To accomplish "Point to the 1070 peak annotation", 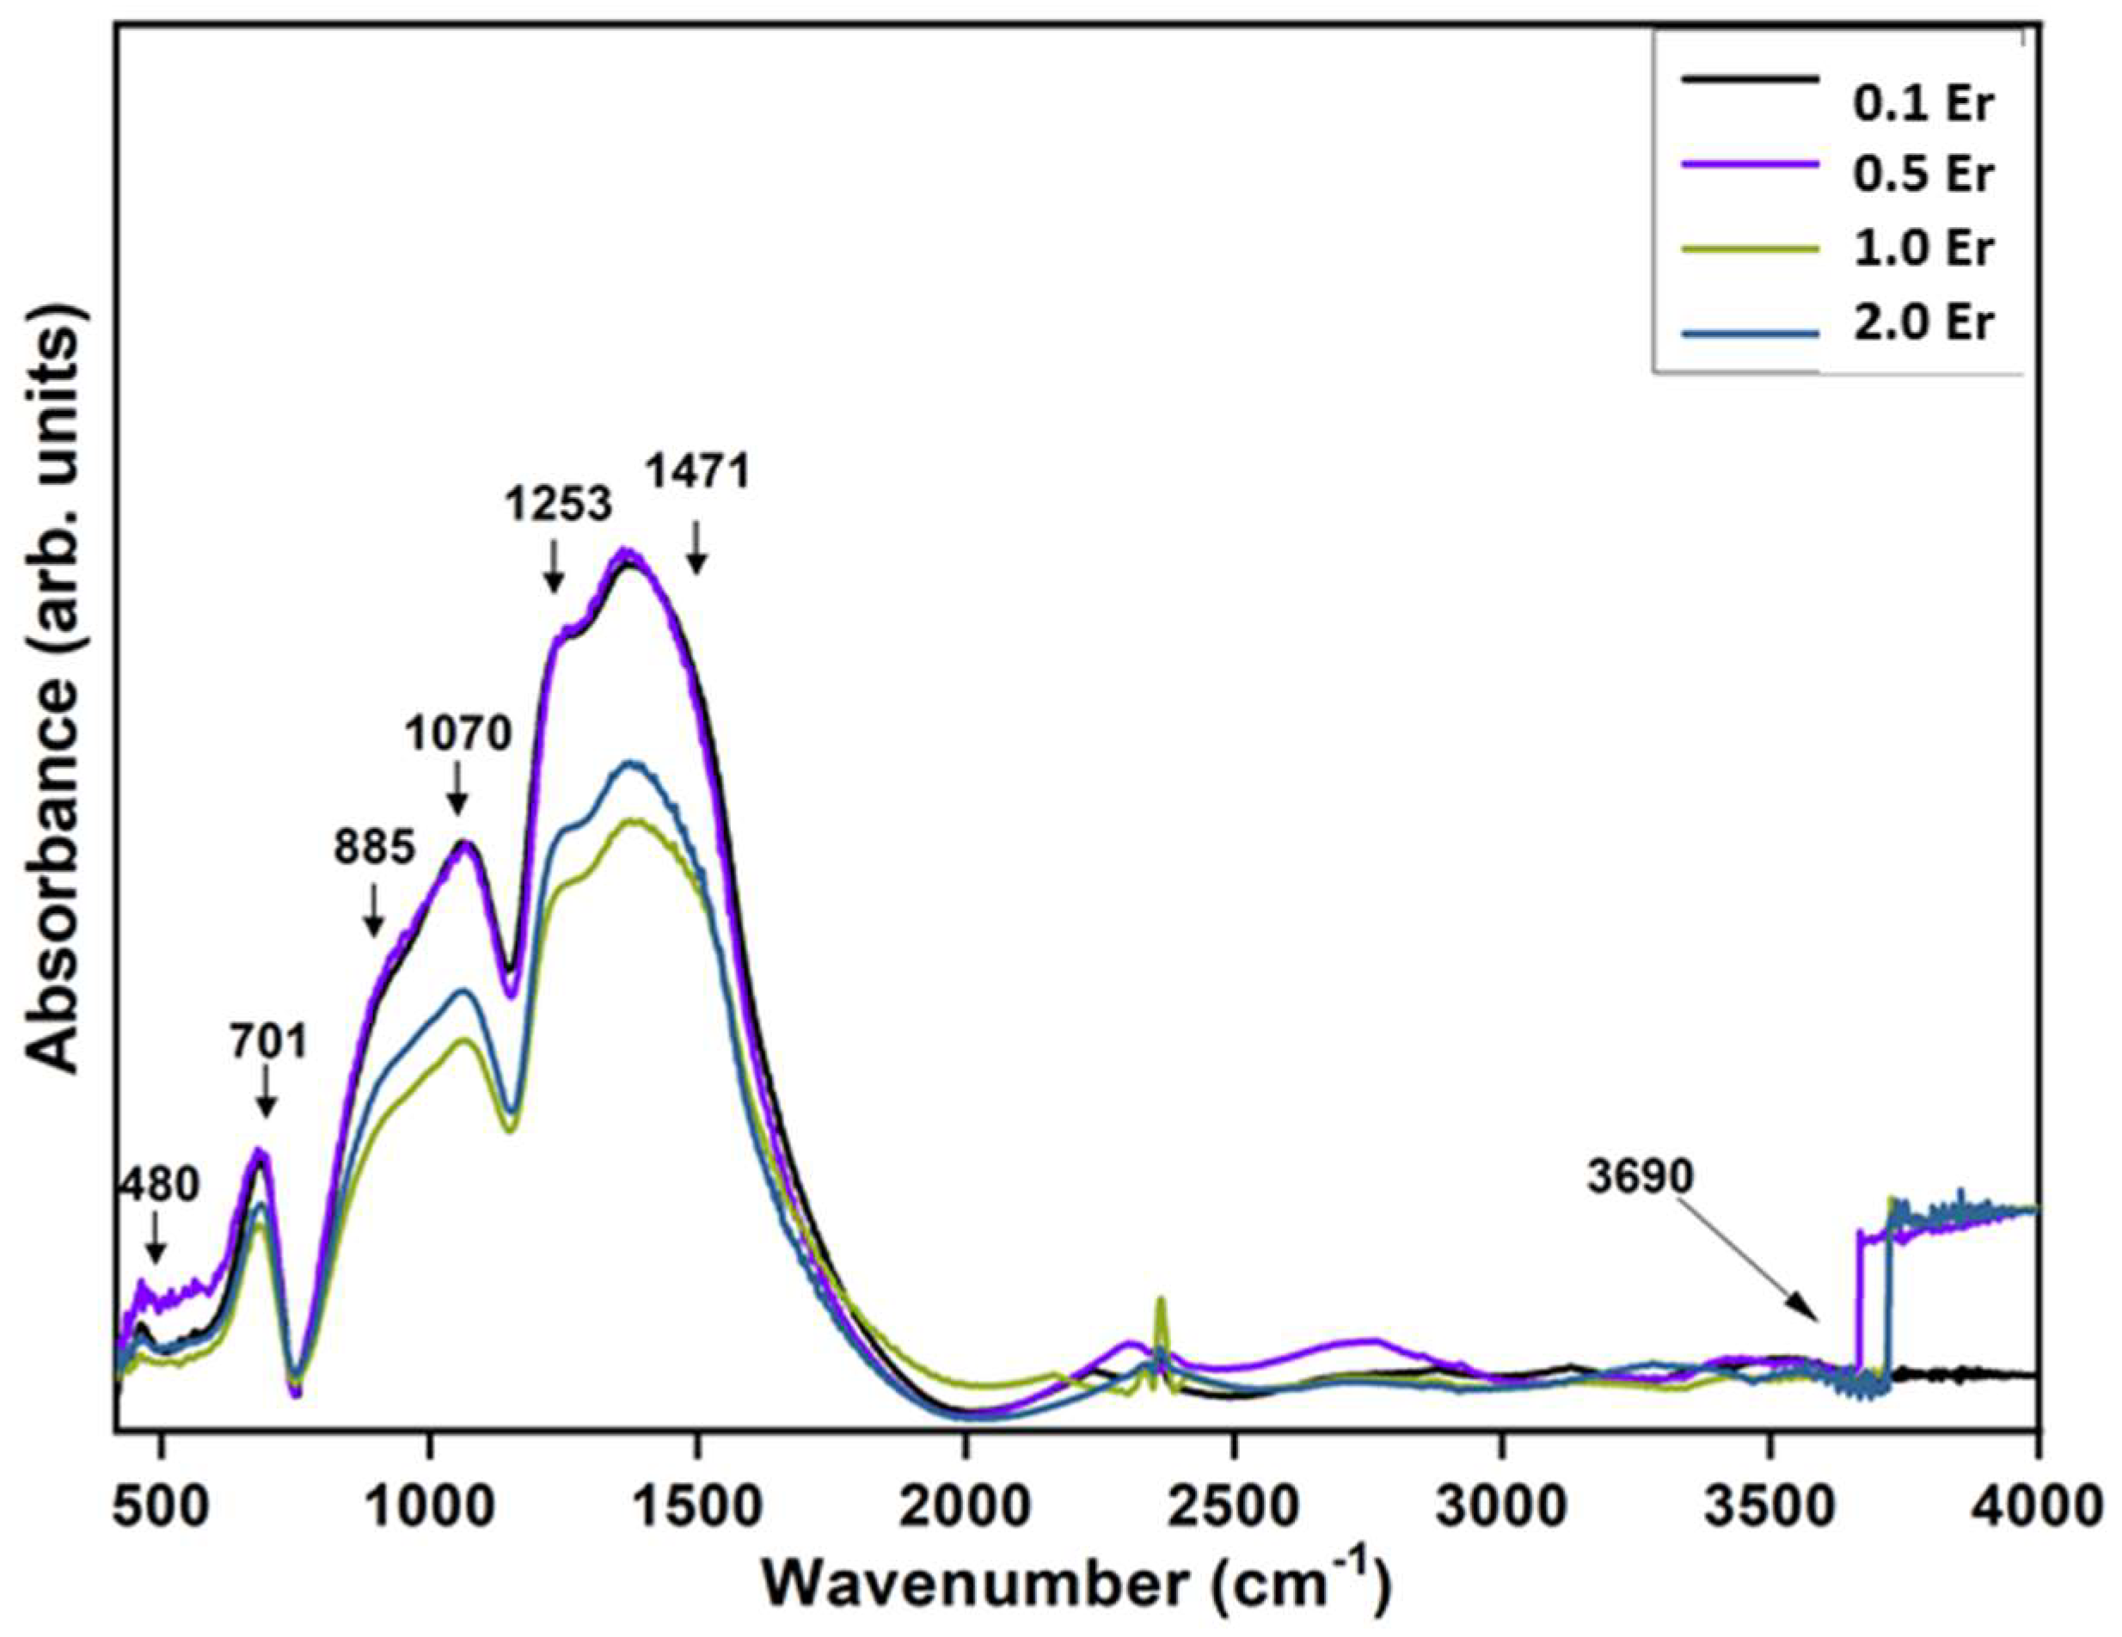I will (457, 734).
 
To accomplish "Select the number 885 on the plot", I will (375, 847).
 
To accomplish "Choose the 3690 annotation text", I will (1641, 1176).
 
